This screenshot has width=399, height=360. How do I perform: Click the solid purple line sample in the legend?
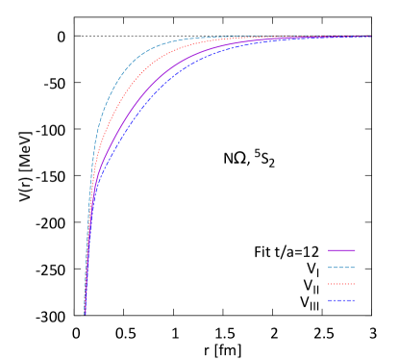coord(341,250)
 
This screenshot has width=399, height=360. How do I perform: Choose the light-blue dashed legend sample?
coord(341,268)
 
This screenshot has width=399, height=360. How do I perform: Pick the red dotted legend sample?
coord(341,284)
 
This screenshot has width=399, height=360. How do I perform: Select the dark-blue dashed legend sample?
coord(341,300)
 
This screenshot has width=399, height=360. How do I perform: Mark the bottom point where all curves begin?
coord(85,313)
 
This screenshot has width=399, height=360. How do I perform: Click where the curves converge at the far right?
coord(370,37)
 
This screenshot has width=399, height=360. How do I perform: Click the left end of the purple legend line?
coord(328,250)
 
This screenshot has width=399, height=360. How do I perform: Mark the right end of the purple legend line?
coord(355,250)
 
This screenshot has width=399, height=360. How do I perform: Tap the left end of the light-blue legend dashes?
coord(328,268)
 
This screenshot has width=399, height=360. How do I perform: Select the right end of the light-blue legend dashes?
coord(355,268)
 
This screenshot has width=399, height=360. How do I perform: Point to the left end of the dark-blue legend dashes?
coord(328,300)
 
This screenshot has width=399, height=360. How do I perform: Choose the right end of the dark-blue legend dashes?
coord(355,300)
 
